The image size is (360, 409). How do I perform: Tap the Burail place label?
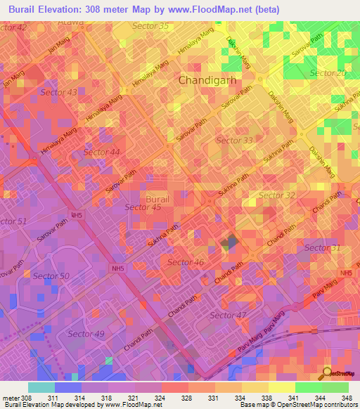[x=157, y=200]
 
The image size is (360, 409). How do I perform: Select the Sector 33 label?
[x=234, y=141]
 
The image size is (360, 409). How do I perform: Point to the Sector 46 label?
[x=186, y=262]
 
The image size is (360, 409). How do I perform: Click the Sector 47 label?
[x=229, y=315]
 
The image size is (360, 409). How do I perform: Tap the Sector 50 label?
[x=50, y=276]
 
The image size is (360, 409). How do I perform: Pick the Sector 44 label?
[x=101, y=152]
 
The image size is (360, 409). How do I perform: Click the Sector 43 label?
[x=59, y=92]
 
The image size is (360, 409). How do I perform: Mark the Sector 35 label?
[x=150, y=26]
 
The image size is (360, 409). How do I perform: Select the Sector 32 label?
[x=277, y=195]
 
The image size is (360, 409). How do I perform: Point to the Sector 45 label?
[x=143, y=207]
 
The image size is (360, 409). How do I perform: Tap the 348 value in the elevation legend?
[x=347, y=398]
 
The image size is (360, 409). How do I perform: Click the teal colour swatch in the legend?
[x=41, y=387]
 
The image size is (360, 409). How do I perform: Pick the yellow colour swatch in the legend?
[x=281, y=387]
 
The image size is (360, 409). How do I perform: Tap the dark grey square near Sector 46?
[x=229, y=243]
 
